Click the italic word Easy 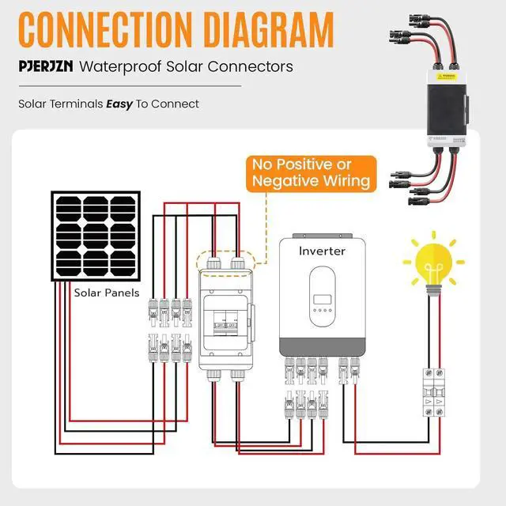pos(119,104)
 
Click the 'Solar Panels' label pos(107,293)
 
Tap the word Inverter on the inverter pos(323,251)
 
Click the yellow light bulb pos(433,265)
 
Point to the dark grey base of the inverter pos(324,345)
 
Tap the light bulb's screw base pos(433,290)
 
